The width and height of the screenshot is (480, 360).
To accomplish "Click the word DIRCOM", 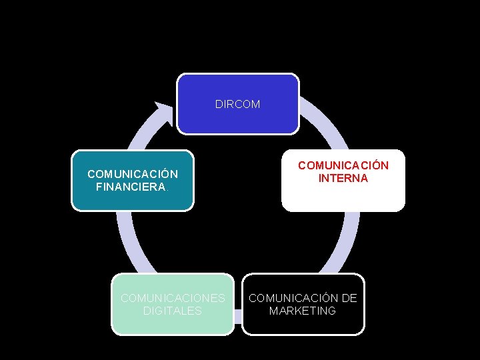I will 237,105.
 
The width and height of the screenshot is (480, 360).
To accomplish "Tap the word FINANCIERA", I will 131,187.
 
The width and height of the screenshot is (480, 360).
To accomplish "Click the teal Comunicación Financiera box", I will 132,199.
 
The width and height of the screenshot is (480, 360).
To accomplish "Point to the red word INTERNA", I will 343,178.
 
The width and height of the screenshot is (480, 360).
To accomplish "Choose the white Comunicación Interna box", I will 343,197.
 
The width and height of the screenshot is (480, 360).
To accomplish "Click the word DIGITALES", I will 173,311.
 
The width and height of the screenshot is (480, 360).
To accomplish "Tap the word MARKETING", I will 303,311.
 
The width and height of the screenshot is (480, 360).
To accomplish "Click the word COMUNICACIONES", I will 173,298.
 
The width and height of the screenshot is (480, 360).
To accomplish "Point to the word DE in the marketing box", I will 349,298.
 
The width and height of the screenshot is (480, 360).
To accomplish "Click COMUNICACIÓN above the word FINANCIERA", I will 133,174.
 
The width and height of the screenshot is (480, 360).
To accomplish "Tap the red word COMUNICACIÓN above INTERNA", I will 343,165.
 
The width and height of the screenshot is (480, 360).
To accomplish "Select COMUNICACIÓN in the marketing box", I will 291,298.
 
